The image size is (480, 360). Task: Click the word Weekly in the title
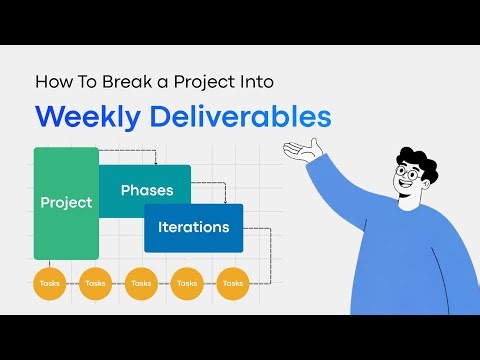click(86, 117)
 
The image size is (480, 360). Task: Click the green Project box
click(66, 203)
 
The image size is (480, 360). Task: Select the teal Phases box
click(146, 189)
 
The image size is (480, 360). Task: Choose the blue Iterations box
click(193, 227)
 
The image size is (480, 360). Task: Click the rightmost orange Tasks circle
click(232, 283)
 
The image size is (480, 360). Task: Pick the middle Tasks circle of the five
click(141, 283)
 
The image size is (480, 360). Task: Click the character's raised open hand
click(305, 151)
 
